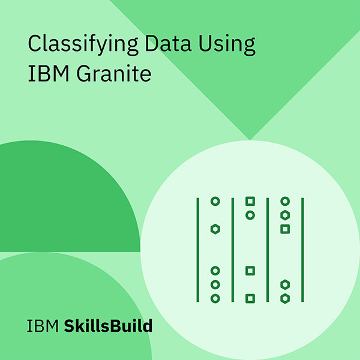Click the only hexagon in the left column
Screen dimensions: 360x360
(215, 229)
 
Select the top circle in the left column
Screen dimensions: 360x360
(215, 201)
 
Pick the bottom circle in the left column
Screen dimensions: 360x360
(215, 298)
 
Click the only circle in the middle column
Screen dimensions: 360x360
(250, 215)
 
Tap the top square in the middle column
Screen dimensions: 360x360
(250, 201)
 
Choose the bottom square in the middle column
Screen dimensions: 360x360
(250, 298)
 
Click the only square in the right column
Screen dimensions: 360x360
(285, 229)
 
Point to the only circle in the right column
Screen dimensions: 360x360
(285, 201)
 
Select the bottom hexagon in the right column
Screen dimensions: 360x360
(285, 298)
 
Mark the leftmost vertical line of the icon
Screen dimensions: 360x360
(197, 249)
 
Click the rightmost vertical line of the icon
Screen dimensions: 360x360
(302, 249)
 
